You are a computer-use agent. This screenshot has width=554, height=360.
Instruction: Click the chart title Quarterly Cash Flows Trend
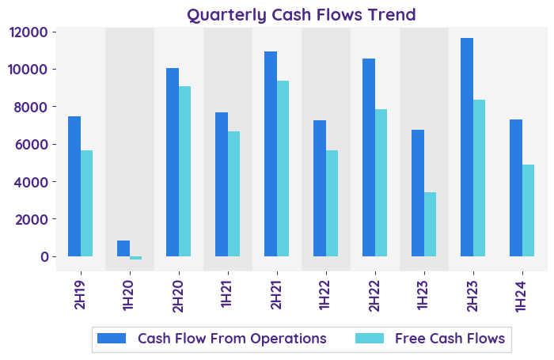click(301, 14)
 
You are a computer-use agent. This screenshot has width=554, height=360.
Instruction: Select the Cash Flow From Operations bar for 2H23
click(467, 147)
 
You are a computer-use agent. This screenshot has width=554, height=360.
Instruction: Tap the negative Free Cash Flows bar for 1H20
click(136, 258)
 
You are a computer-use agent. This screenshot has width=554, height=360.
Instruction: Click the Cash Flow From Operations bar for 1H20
click(123, 248)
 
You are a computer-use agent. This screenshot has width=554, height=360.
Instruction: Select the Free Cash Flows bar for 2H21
click(283, 169)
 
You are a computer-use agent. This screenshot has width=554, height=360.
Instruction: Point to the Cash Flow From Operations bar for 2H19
click(74, 187)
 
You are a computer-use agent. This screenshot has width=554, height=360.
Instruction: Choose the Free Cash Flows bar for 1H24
click(529, 210)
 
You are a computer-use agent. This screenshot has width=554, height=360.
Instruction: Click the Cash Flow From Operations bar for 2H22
click(369, 157)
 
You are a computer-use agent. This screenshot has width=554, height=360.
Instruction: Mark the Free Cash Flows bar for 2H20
click(185, 171)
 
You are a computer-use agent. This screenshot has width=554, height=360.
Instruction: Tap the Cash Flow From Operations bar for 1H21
click(222, 184)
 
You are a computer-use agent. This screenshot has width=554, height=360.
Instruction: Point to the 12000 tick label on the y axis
click(28, 32)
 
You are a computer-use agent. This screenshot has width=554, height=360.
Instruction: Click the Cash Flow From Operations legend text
click(232, 339)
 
